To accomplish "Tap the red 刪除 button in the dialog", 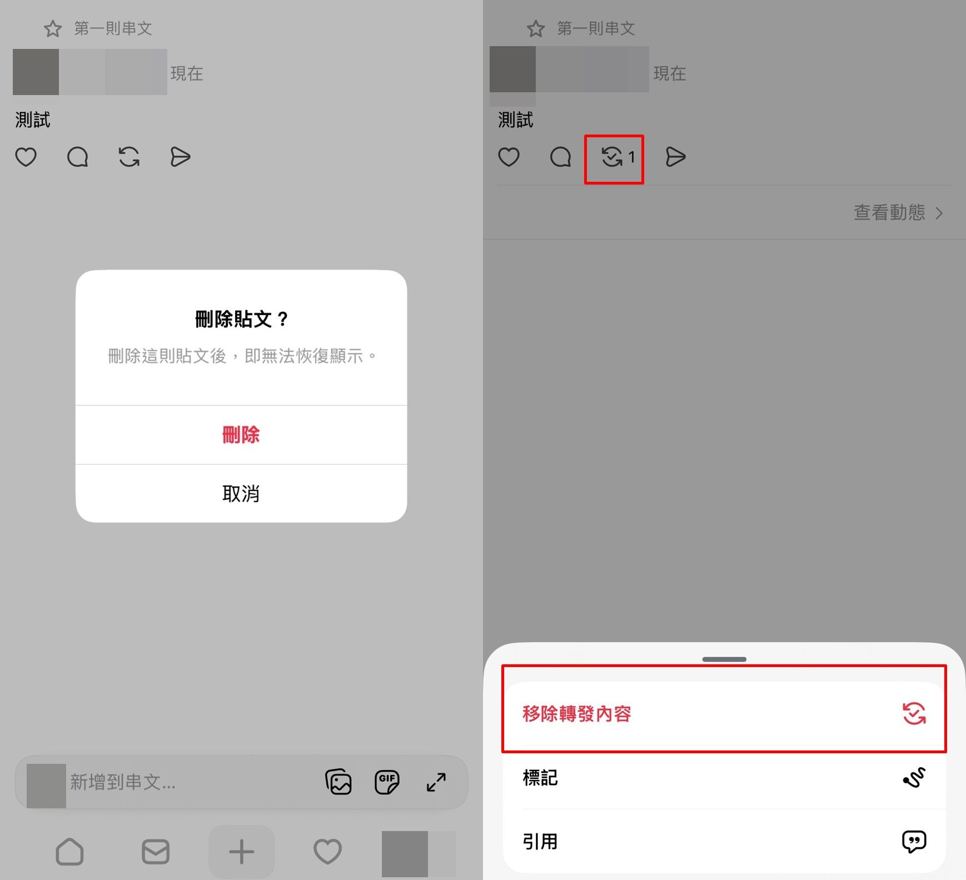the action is coord(241,435).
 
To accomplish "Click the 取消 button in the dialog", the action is coord(241,494).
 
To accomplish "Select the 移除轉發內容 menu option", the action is coord(724,714).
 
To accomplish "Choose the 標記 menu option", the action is coord(724,777).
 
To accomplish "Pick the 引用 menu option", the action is coord(724,841).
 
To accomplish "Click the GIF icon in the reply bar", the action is coord(387,782).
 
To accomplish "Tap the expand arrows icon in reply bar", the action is coord(436,782).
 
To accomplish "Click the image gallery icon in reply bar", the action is coord(338,782).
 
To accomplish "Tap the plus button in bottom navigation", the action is coord(241,852).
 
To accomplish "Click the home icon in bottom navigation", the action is coord(69,852).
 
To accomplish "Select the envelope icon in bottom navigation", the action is coord(156,852).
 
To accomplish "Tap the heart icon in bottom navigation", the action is coord(327,852).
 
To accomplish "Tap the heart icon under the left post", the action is coord(26,157).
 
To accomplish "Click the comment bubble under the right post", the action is coord(560,157).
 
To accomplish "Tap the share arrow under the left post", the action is coord(180,157).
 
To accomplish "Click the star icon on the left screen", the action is coord(53,28).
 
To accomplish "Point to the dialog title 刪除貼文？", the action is coord(241,319).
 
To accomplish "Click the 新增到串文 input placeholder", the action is coord(123,782).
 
